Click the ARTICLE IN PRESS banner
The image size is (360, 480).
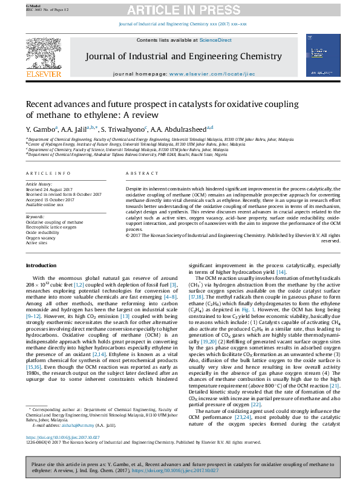[x=180, y=10]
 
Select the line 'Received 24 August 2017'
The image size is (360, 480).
[x=51, y=189]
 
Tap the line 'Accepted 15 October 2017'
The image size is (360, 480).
[x=50, y=199]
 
